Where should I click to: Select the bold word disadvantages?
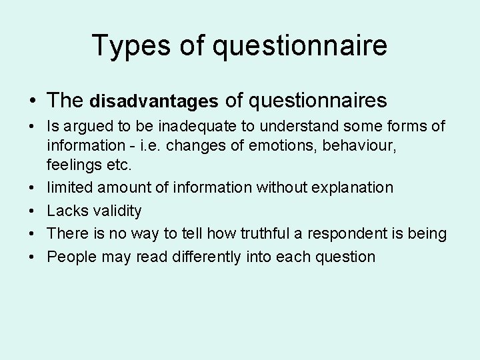pyautogui.click(x=153, y=101)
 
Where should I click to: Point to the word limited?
pyautogui.click(x=69, y=187)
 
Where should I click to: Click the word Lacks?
pyautogui.click(x=65, y=211)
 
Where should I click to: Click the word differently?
pyautogui.click(x=201, y=257)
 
